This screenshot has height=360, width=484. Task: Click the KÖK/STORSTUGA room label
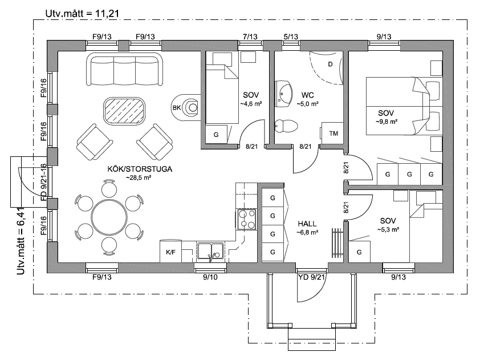coord(140,169)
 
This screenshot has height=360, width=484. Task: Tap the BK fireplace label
coord(177,108)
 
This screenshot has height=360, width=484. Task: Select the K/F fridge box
coord(170,252)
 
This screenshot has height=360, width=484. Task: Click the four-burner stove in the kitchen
coord(247,219)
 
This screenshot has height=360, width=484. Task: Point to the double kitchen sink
coord(210,251)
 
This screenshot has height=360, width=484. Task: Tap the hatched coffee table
coord(124,111)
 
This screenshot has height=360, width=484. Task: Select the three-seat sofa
coord(125,69)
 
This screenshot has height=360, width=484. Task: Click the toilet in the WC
coord(286,126)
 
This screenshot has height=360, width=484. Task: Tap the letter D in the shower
coord(330,64)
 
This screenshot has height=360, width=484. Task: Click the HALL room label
coord(307,224)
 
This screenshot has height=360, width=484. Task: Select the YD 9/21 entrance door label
coord(311,277)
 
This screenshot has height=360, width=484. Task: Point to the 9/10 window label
coord(210,277)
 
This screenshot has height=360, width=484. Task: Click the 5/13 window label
coord(291,37)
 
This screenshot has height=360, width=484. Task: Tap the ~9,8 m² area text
coord(386,122)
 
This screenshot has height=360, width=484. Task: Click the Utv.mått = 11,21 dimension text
coord(82,14)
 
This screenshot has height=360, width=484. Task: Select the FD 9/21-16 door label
coord(44,183)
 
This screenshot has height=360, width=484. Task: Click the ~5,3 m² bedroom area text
coord(388,229)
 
